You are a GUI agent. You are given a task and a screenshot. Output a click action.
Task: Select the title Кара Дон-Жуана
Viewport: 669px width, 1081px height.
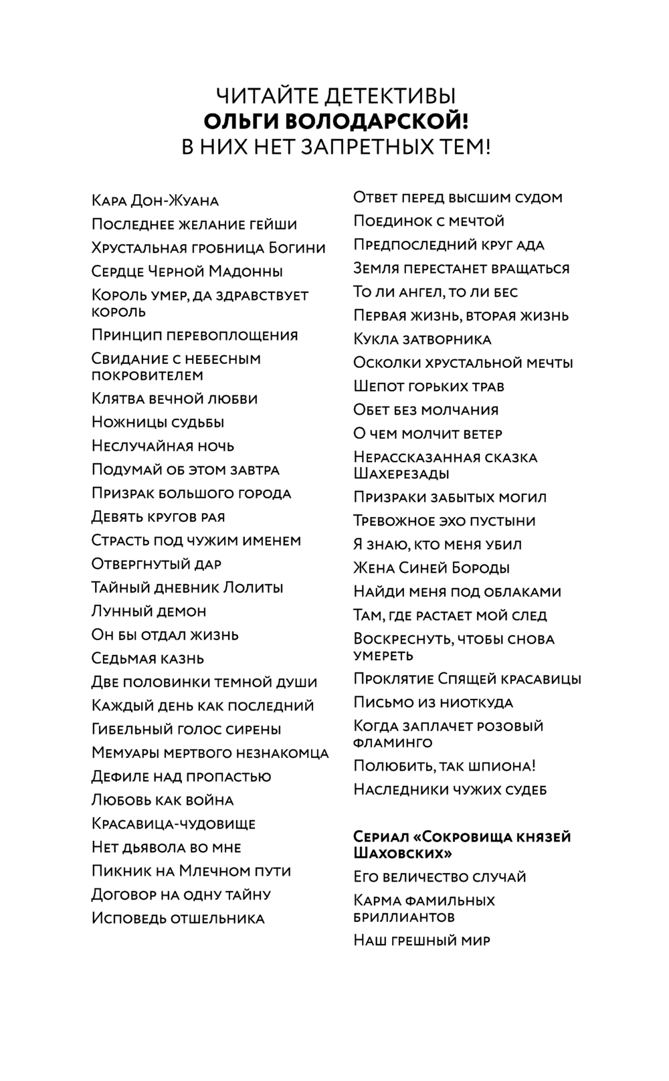click(155, 201)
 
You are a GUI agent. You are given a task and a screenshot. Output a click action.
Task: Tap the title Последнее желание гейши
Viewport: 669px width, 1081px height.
click(194, 225)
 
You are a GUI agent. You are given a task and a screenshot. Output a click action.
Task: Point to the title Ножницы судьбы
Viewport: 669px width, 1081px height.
click(158, 423)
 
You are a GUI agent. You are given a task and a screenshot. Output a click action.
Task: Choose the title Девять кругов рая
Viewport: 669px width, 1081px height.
click(158, 517)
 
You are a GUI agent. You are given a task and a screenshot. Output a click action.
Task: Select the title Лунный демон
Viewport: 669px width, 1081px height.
click(149, 611)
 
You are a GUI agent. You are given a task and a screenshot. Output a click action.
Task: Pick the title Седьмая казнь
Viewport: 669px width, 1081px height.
click(148, 659)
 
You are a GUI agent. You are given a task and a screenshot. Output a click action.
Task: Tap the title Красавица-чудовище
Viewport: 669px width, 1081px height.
click(173, 824)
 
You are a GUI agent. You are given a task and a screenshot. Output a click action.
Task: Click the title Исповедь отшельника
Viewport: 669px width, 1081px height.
click(178, 918)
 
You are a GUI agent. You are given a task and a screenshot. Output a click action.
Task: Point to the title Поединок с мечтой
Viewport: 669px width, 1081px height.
click(429, 221)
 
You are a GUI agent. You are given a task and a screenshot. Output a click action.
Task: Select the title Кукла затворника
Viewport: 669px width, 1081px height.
click(422, 340)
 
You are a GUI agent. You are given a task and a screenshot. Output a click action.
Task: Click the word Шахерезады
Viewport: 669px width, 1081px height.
click(401, 474)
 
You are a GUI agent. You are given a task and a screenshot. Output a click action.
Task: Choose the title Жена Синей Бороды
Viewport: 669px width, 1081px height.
click(432, 569)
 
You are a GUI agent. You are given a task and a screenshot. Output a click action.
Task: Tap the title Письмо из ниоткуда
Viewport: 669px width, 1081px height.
click(434, 703)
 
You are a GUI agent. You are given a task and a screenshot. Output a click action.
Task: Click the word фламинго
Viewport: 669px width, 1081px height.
click(393, 743)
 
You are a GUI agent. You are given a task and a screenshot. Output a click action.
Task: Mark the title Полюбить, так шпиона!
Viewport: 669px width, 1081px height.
click(444, 767)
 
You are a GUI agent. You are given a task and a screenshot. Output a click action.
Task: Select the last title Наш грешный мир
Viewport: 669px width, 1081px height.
click(421, 941)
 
